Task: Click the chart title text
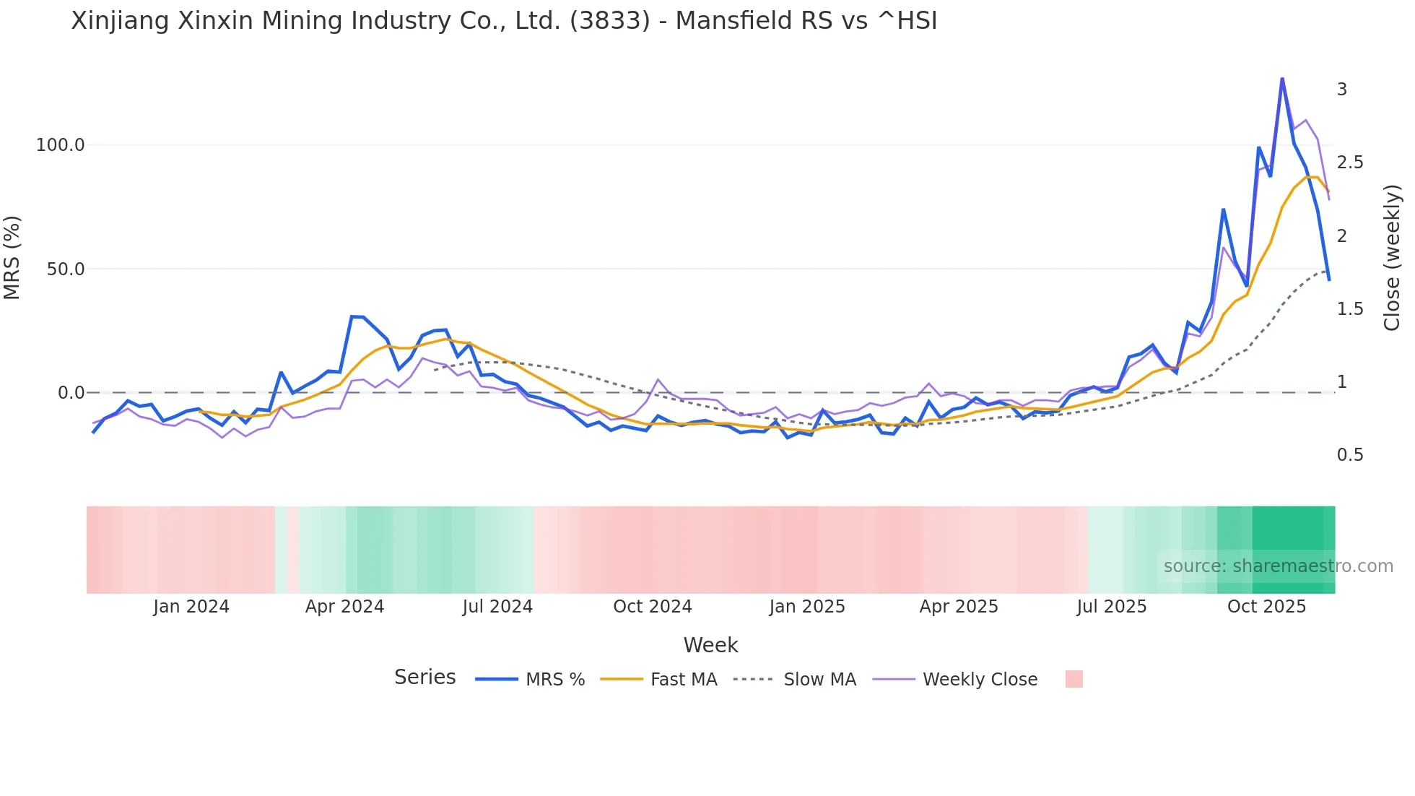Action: (504, 21)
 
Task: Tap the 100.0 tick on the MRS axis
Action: (60, 145)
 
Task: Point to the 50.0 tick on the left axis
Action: (65, 269)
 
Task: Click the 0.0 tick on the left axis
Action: (71, 393)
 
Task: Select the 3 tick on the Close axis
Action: (1342, 90)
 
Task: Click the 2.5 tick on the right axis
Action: (1350, 163)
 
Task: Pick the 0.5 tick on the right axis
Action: (1350, 455)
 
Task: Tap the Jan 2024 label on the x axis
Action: (191, 607)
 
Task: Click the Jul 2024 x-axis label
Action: (497, 607)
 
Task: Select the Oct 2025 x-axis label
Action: (1266, 607)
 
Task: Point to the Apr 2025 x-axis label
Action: (958, 607)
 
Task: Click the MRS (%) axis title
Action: (12, 258)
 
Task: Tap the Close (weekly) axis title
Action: (1392, 258)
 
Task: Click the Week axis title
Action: (710, 645)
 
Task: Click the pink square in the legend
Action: (1074, 679)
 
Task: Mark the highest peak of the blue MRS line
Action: (1282, 78)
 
